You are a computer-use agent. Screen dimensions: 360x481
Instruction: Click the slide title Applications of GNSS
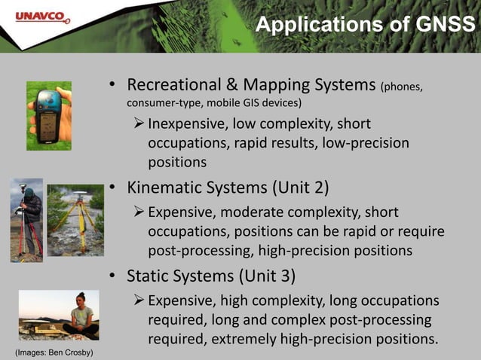(366, 25)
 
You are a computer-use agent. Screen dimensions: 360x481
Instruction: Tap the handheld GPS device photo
(49, 115)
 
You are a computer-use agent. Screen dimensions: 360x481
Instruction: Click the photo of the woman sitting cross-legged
(59, 315)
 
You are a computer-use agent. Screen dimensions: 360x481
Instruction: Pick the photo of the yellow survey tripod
(75, 219)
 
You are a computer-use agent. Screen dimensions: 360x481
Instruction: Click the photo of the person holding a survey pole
(26, 220)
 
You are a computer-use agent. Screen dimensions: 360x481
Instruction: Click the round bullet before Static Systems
(111, 275)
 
